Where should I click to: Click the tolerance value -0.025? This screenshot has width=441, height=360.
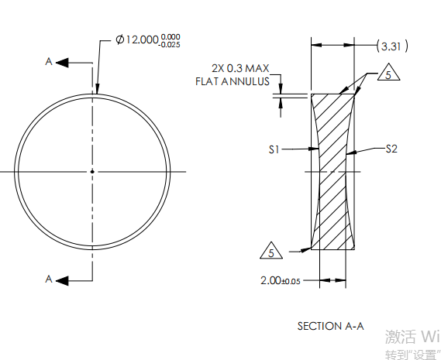click(x=170, y=45)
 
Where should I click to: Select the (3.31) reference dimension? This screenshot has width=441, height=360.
click(x=391, y=46)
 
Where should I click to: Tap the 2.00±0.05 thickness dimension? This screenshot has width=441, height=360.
click(x=281, y=280)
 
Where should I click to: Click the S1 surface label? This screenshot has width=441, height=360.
click(x=274, y=150)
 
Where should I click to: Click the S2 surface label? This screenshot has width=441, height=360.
click(x=391, y=149)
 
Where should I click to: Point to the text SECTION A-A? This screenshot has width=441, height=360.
click(x=330, y=326)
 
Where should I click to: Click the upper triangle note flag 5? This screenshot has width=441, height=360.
click(x=388, y=75)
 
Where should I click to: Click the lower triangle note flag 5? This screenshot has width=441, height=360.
click(x=270, y=252)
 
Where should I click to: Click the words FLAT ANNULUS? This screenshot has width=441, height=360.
click(x=233, y=81)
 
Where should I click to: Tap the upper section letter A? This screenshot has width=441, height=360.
click(x=49, y=62)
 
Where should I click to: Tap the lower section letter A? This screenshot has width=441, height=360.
click(x=49, y=280)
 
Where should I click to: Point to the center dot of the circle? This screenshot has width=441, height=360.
click(x=92, y=171)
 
